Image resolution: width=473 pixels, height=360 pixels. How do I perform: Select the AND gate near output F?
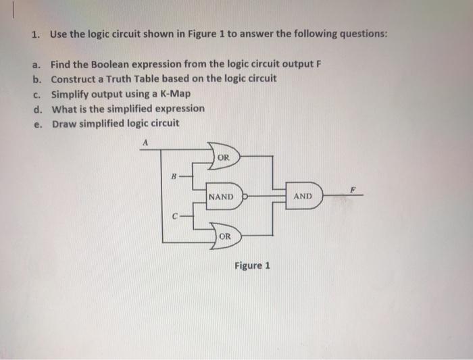(303, 197)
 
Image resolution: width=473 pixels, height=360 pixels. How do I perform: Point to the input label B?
(174, 176)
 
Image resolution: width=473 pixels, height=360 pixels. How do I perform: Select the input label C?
(174, 217)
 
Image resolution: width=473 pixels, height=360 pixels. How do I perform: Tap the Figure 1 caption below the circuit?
(252, 265)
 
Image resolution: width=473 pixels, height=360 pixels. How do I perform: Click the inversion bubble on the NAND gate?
(247, 197)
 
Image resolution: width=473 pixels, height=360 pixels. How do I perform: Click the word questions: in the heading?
(357, 34)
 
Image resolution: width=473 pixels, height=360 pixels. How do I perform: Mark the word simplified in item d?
(132, 108)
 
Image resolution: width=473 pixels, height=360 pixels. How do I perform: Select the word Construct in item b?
(74, 79)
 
